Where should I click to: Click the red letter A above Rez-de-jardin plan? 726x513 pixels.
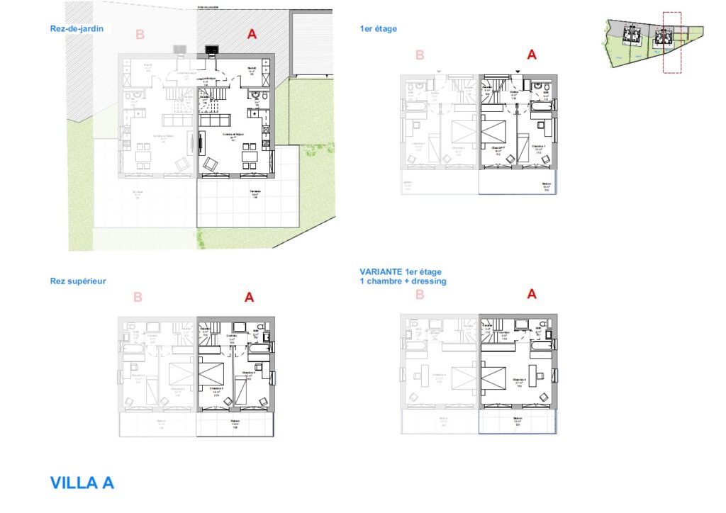251,34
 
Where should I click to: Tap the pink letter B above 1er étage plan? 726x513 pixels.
420,55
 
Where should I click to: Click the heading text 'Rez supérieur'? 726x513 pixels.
78,281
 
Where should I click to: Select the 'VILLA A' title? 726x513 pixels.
82,483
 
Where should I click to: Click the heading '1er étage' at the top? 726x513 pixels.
379,29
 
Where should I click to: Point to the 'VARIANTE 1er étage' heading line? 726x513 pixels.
401,272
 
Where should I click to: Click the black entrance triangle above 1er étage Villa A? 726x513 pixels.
518,72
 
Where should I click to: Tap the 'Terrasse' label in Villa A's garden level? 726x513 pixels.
254,192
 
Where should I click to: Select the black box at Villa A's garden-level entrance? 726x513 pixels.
211,49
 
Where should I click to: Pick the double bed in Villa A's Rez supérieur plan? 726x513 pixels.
212,372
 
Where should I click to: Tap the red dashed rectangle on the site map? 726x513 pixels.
671,43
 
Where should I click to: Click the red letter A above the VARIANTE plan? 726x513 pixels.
532,294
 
